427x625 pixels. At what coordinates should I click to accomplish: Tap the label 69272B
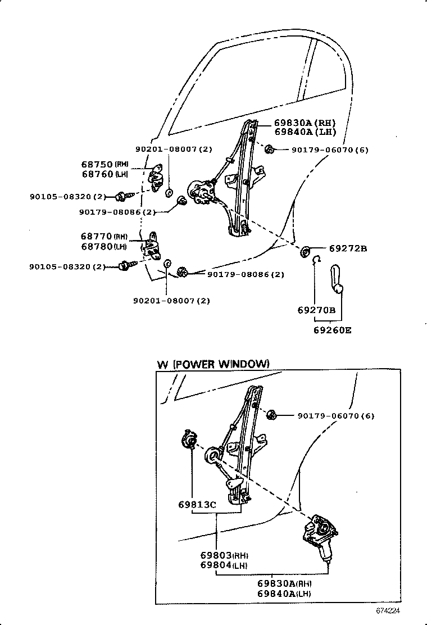tap(348, 248)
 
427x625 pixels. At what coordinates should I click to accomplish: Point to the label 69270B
tap(316, 310)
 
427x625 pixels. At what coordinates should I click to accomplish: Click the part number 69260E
tap(332, 330)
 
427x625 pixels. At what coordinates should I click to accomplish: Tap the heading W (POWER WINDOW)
tap(213, 364)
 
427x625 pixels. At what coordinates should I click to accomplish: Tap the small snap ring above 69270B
tap(317, 259)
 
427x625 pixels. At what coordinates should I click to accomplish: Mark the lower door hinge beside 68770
tap(152, 244)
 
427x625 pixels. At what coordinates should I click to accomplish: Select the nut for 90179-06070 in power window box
tap(270, 415)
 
